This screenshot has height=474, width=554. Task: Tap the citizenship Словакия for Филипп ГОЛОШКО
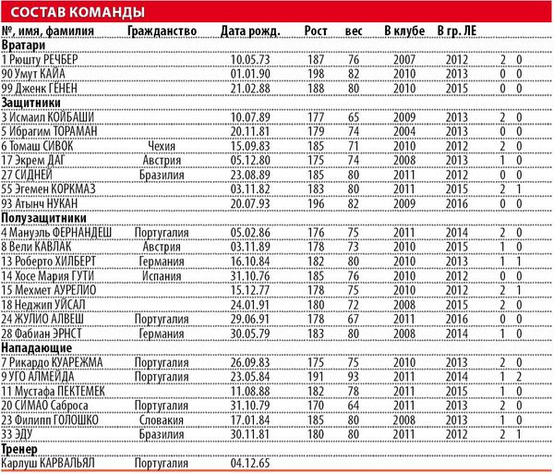pyautogui.click(x=161, y=418)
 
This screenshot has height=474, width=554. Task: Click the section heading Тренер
pyautogui.click(x=23, y=448)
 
